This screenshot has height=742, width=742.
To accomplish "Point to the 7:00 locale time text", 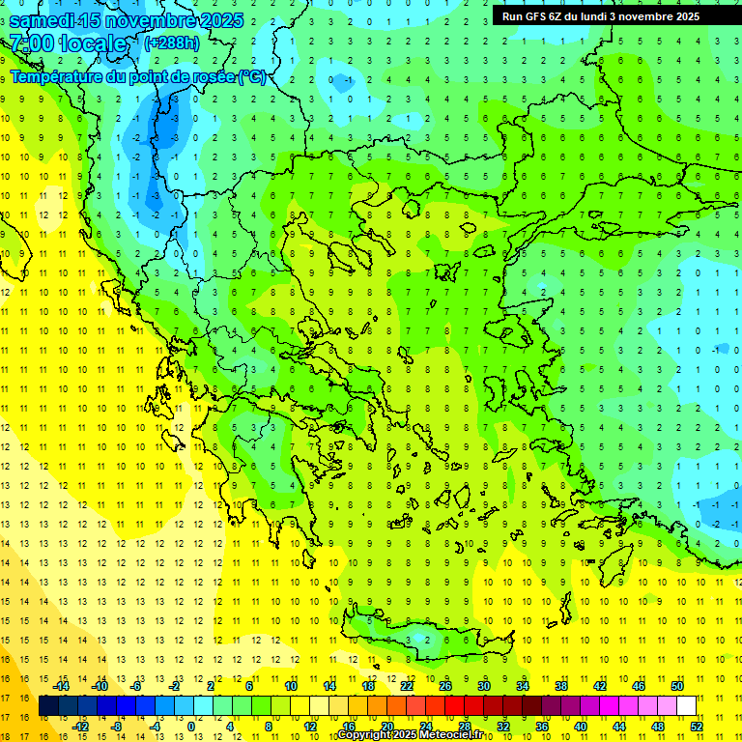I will [x=68, y=43].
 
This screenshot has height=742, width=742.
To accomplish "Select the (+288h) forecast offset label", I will [x=172, y=43].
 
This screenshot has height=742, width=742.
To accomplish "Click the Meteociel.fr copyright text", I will [x=410, y=735].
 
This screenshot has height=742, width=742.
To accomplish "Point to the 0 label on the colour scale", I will [x=191, y=726].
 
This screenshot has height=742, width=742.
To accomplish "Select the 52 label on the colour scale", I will [x=697, y=726].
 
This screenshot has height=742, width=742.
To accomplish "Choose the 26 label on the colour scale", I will [x=445, y=685].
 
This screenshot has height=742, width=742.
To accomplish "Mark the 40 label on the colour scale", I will [x=581, y=726].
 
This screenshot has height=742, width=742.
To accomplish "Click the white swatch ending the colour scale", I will [x=686, y=705].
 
